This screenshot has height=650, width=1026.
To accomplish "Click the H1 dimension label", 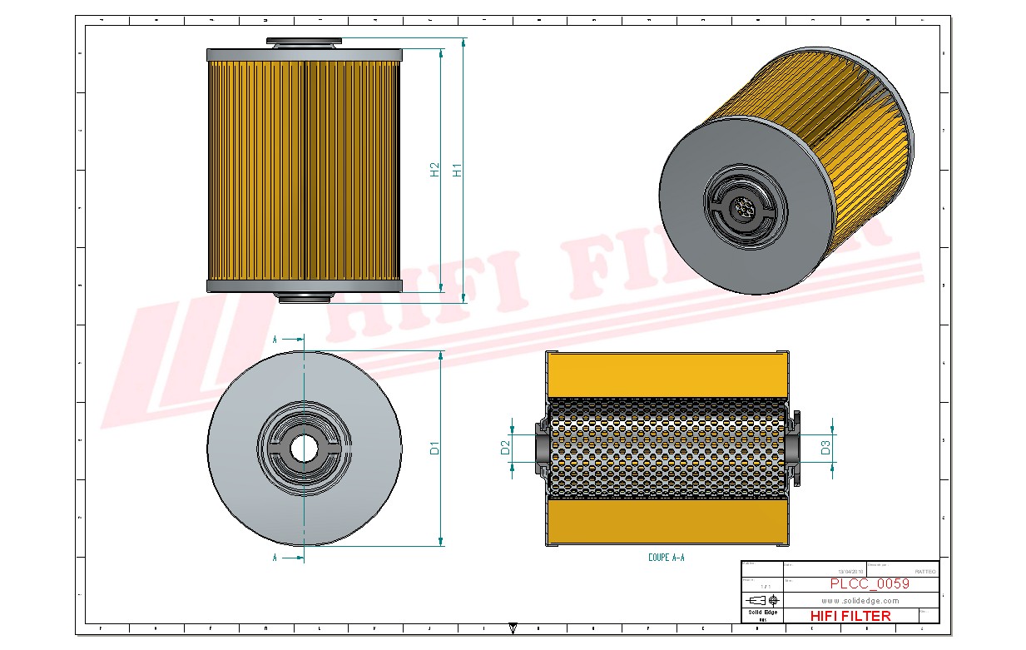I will coord(457,170).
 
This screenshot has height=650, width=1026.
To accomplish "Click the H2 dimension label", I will coord(434,170).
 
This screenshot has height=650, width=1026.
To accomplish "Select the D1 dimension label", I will coord(434,448).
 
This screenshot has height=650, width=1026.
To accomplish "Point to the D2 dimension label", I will coord(505,449).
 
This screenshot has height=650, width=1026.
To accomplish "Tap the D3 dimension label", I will coord(825,448).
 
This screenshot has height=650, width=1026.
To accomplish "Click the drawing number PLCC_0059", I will coord(870,583).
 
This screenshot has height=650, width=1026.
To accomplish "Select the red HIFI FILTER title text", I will coord(850,616).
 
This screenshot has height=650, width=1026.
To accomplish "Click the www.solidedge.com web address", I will coord(860,600).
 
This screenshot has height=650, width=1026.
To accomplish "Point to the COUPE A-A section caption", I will coord(666,558).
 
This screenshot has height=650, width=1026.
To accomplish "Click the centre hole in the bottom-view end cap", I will coord(304,448).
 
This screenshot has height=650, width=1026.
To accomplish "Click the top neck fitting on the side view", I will coord(304,42).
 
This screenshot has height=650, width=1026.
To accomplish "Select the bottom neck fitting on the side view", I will coord(304,297).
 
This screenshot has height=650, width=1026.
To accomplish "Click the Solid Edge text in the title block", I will coord(762,613).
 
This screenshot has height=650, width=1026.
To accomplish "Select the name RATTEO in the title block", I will coord(924,572).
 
